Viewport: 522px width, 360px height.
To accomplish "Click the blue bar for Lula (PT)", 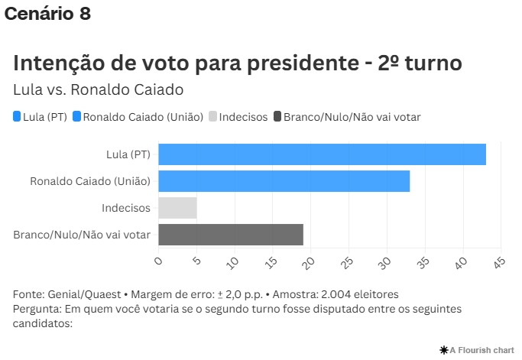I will [322, 154].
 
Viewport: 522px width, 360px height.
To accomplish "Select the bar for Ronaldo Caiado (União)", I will [284, 181].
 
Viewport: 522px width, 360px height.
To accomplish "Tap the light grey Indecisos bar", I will [177, 208].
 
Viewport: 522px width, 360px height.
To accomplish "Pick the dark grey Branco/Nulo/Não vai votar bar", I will [231, 235].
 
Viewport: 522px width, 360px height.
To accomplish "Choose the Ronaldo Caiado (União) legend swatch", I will [76, 117].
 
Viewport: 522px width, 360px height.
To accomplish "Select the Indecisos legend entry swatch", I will [213, 117].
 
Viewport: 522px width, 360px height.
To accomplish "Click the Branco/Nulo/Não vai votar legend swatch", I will [277, 117].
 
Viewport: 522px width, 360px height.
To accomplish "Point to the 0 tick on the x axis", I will [159, 261].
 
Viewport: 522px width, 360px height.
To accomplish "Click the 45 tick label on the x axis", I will [499, 262].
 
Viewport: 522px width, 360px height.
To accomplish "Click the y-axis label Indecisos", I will [126, 208].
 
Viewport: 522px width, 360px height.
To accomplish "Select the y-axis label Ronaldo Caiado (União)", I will [90, 181].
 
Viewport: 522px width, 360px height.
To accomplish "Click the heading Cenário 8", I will [47, 14].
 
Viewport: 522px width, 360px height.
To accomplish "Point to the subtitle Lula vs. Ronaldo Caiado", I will [99, 89].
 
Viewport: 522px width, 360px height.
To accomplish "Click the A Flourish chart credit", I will [478, 349].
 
